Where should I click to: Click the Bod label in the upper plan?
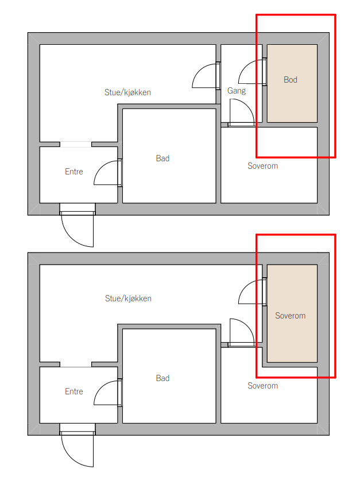(x=291, y=80)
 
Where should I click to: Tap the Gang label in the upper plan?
(x=237, y=91)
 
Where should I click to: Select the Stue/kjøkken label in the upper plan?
(x=127, y=92)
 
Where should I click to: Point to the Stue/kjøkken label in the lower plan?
(x=128, y=298)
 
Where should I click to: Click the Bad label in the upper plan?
(x=162, y=158)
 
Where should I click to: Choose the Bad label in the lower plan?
(x=162, y=378)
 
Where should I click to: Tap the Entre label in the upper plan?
(x=74, y=172)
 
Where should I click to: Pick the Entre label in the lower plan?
(x=74, y=391)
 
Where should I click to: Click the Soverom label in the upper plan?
(x=262, y=166)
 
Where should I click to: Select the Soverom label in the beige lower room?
(x=291, y=316)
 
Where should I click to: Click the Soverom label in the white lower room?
(x=262, y=386)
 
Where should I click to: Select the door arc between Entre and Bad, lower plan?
(x=100, y=388)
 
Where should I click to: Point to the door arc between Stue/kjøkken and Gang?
(x=199, y=71)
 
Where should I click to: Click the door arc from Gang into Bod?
(x=245, y=67)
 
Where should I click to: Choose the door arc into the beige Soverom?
(x=245, y=287)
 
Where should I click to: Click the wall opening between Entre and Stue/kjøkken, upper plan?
(x=76, y=144)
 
